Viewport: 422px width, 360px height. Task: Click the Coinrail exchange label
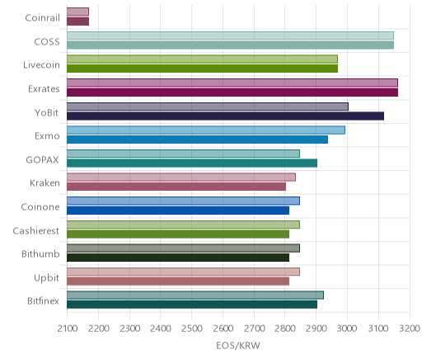pos(42,18)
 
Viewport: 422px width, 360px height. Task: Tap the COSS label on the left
pos(47,42)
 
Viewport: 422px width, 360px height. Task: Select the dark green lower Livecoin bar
pos(202,69)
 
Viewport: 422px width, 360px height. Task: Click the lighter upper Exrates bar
pos(232,83)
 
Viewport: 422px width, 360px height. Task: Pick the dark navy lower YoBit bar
pos(225,116)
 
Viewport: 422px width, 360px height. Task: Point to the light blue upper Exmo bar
pos(206,130)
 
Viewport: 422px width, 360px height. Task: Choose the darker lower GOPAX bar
pos(192,163)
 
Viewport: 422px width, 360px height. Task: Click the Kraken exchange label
pos(45,183)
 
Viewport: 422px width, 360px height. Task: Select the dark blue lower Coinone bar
pos(178,211)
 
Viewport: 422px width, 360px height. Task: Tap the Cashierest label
pos(36,230)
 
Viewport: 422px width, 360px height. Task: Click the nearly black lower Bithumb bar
pos(178,258)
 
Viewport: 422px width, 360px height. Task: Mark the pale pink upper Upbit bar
pos(183,272)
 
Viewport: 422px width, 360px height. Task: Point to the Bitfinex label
pos(43,301)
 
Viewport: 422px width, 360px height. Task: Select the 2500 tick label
pos(192,329)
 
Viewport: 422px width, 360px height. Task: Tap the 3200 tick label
pos(410,329)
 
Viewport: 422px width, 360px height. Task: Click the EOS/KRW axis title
pos(238,346)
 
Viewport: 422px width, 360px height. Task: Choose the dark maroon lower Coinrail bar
pos(77,21)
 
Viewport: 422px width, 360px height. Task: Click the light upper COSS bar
pos(230,36)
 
